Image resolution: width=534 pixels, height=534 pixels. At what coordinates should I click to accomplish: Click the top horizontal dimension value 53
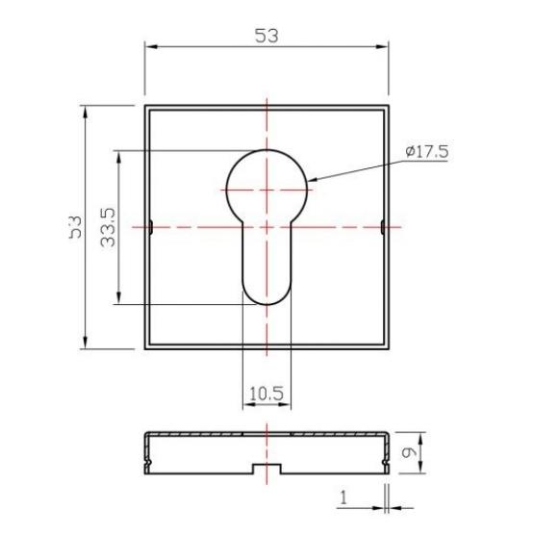(267, 36)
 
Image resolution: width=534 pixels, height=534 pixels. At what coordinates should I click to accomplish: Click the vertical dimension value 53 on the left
(73, 228)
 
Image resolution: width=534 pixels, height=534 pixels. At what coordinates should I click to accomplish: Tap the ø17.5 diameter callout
(427, 151)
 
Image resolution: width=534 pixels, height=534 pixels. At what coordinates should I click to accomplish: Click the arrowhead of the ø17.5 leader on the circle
(314, 179)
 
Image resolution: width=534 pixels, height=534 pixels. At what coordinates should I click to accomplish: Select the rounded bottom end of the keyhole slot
(266, 293)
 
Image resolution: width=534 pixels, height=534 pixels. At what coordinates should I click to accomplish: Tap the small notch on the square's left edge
(151, 227)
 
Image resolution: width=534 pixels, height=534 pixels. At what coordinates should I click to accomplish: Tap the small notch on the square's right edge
(383, 227)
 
